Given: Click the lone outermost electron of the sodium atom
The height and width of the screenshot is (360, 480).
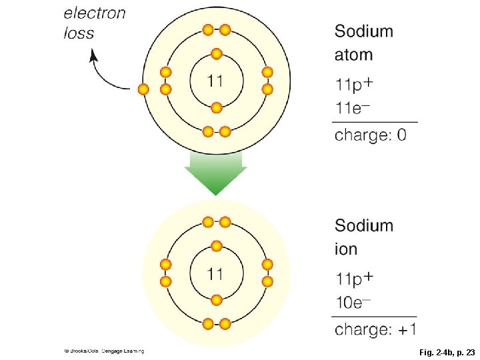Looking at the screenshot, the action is [142, 89].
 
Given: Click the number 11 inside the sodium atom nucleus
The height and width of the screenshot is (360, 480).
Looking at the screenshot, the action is [215, 81].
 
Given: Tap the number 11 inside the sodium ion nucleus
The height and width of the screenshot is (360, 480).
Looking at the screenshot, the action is [215, 273].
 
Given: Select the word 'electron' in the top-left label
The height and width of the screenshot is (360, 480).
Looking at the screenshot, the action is [95, 13].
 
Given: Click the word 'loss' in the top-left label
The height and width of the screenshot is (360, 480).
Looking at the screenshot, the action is [79, 33].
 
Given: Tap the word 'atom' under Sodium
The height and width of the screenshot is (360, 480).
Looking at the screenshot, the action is [353, 55].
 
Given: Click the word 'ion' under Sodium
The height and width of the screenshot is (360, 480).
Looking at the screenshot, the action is [346, 249].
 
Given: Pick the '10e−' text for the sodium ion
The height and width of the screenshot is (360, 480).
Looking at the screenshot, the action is [353, 303].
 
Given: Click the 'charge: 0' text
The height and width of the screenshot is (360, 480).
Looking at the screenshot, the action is [370, 135].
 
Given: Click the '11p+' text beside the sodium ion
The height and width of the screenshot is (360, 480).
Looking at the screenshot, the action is [354, 277].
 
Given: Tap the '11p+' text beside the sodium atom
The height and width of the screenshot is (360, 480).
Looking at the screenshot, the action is [354, 84].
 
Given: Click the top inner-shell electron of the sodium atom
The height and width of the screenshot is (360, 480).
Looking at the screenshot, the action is [216, 54].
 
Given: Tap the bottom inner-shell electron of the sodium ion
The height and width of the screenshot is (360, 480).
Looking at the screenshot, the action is [216, 299].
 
